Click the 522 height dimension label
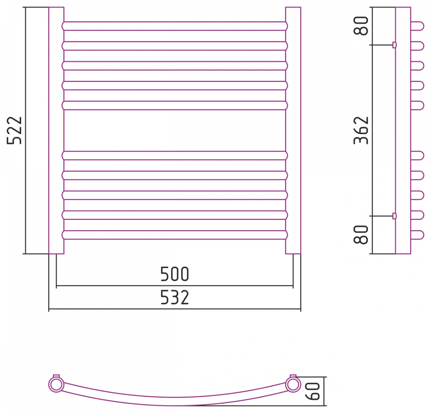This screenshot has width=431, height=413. point(14,130)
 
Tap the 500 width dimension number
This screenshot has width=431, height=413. point(175,274)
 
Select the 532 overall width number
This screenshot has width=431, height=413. point(175,297)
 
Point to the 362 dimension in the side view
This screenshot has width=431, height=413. point(361,130)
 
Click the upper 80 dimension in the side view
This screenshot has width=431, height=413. point(361,26)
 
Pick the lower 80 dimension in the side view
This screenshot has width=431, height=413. point(361,235)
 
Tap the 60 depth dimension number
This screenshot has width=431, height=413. point(312,391)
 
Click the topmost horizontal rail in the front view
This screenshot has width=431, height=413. point(175,26)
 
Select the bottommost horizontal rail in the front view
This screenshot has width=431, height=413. point(175,235)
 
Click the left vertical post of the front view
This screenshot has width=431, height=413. point(56,130)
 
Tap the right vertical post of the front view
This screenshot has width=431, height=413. point(293,130)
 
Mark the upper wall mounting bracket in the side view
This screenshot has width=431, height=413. point(394,45)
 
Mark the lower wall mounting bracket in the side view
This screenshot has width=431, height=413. point(394,216)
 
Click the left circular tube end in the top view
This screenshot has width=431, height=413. point(56,384)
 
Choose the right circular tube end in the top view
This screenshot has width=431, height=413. point(293,384)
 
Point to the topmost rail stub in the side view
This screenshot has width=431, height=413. point(417,26)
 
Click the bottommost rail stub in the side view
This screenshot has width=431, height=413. point(417,235)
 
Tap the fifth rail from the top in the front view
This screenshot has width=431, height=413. point(175,105)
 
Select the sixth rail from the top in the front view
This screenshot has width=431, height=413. point(175,156)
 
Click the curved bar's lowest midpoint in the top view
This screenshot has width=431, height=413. point(175,405)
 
